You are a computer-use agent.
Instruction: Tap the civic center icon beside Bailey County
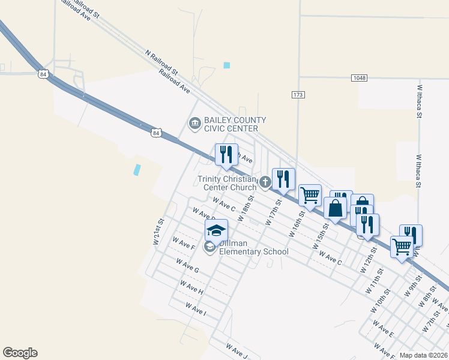[194, 124]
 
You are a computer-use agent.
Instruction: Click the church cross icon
[265, 181]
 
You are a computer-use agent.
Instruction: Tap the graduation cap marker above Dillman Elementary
[217, 230]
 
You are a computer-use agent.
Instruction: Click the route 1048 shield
[359, 78]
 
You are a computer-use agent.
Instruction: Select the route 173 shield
[298, 95]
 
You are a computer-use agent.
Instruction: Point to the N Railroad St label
[161, 62]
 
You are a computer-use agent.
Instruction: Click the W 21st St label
[158, 233]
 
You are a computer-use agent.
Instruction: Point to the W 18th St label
[246, 208]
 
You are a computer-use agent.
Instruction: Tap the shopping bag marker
[336, 208]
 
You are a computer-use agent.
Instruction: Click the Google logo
[20, 353]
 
